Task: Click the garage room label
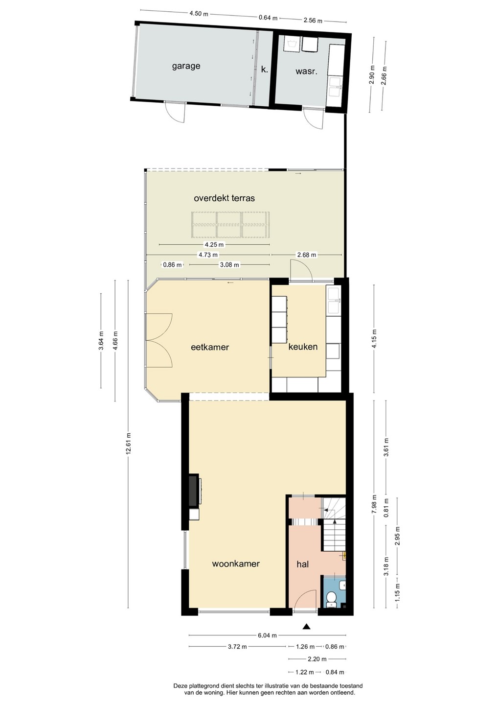coord(186,67)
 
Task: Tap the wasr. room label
coord(306,71)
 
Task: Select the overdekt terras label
coord(224,198)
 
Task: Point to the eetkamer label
coord(210,347)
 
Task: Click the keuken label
coord(303,347)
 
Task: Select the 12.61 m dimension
coord(128,444)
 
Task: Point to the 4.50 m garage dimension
coord(199,14)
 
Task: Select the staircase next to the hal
coord(334,524)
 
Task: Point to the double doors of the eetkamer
coord(159,340)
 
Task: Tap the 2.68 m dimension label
coord(307,255)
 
